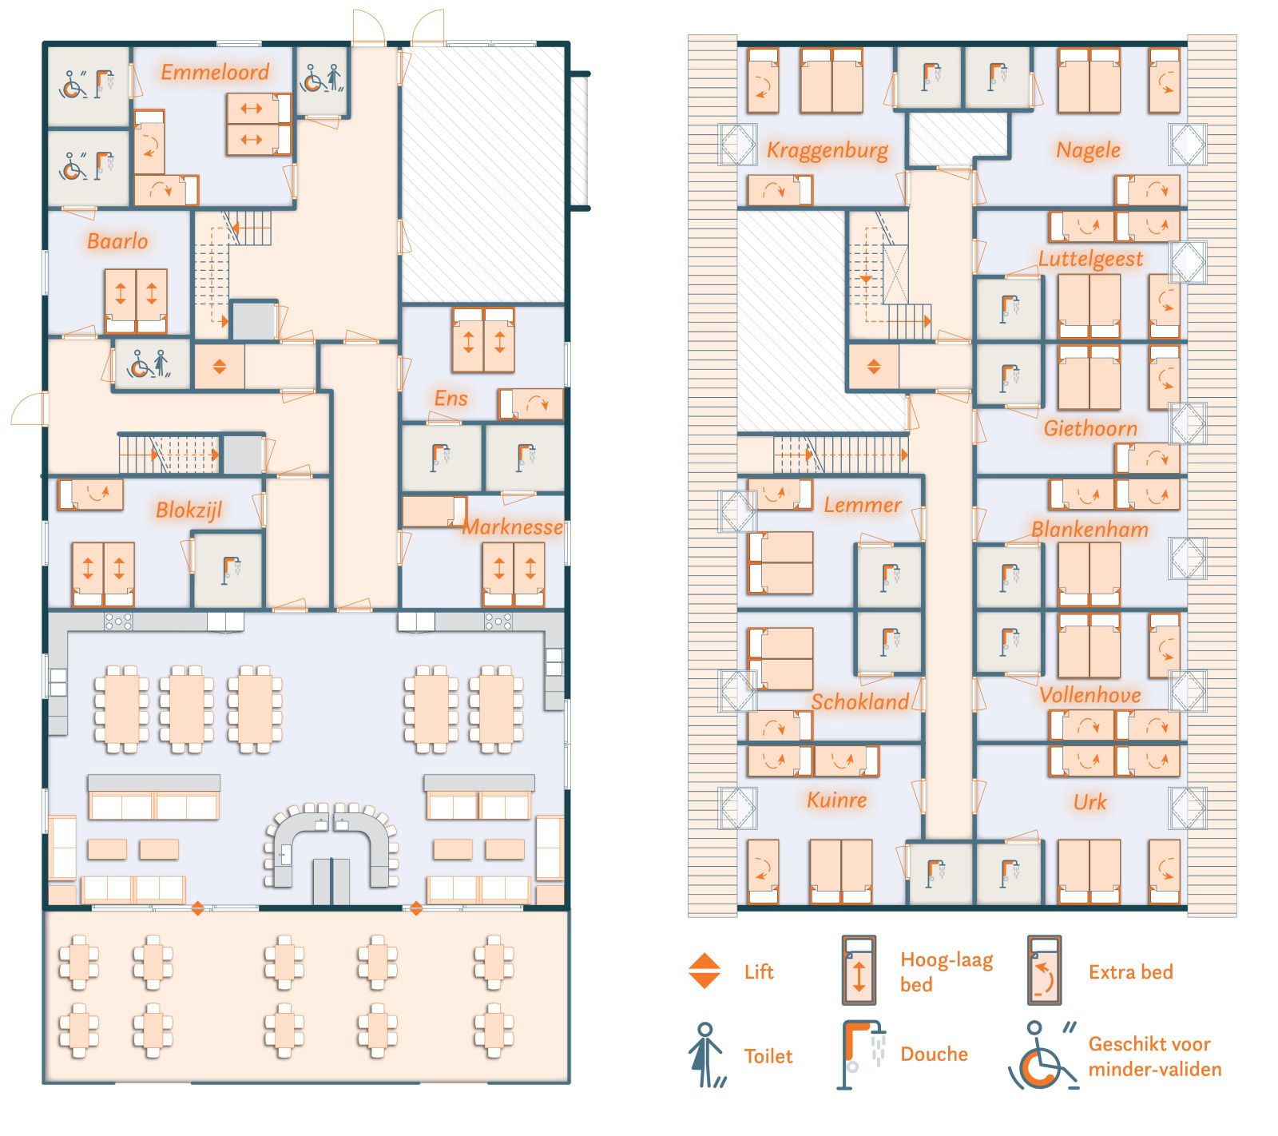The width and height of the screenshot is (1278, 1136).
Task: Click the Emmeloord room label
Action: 215,72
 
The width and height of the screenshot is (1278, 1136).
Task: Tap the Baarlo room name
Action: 117,241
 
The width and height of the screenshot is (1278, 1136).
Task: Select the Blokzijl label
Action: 189,510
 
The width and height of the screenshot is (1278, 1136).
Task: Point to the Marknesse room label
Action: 513,527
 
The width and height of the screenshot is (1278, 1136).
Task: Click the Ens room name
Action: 451,399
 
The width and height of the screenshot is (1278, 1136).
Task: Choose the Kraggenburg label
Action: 828,151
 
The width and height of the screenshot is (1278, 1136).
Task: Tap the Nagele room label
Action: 1089,150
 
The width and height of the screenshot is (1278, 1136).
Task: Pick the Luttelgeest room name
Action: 1090,259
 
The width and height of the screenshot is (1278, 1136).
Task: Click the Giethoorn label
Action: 1090,429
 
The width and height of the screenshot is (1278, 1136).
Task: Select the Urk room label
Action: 1090,802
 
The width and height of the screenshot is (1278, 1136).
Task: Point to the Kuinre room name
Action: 837,800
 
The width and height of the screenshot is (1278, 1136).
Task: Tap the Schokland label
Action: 860,702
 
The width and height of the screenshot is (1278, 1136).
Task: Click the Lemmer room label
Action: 863,505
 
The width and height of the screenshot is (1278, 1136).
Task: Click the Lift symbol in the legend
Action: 704,971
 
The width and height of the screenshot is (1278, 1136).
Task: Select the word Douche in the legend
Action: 934,1055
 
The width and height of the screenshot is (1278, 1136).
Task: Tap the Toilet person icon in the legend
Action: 706,1055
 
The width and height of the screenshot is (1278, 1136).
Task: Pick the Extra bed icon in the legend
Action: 1045,971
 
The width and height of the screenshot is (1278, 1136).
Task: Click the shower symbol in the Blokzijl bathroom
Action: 232,567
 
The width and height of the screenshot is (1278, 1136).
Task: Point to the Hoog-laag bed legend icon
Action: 859,971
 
